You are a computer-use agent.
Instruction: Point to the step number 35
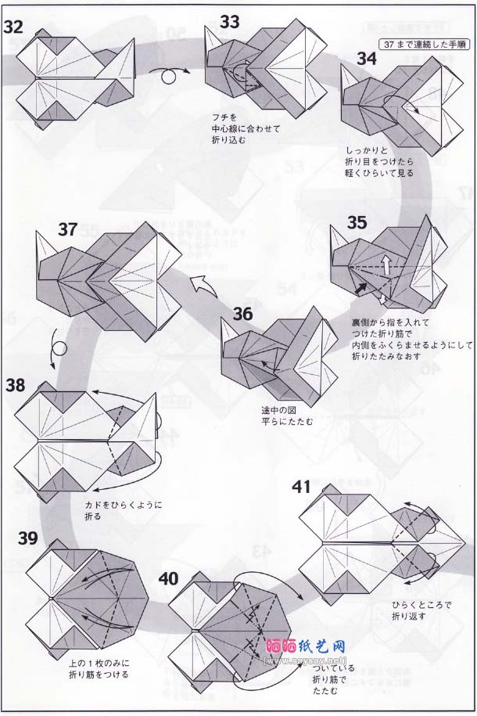(x=357, y=222)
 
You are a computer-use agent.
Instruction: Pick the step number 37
(x=68, y=229)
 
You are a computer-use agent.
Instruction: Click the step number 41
(x=305, y=486)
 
